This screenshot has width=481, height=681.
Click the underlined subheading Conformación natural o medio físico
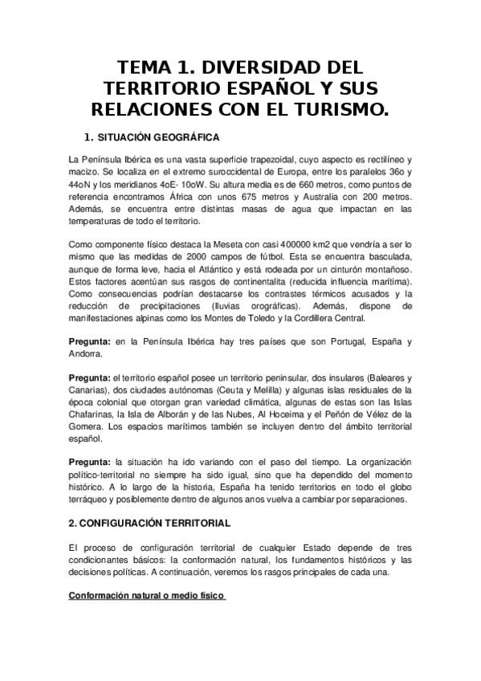point(147,596)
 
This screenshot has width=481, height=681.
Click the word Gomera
point(88,426)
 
